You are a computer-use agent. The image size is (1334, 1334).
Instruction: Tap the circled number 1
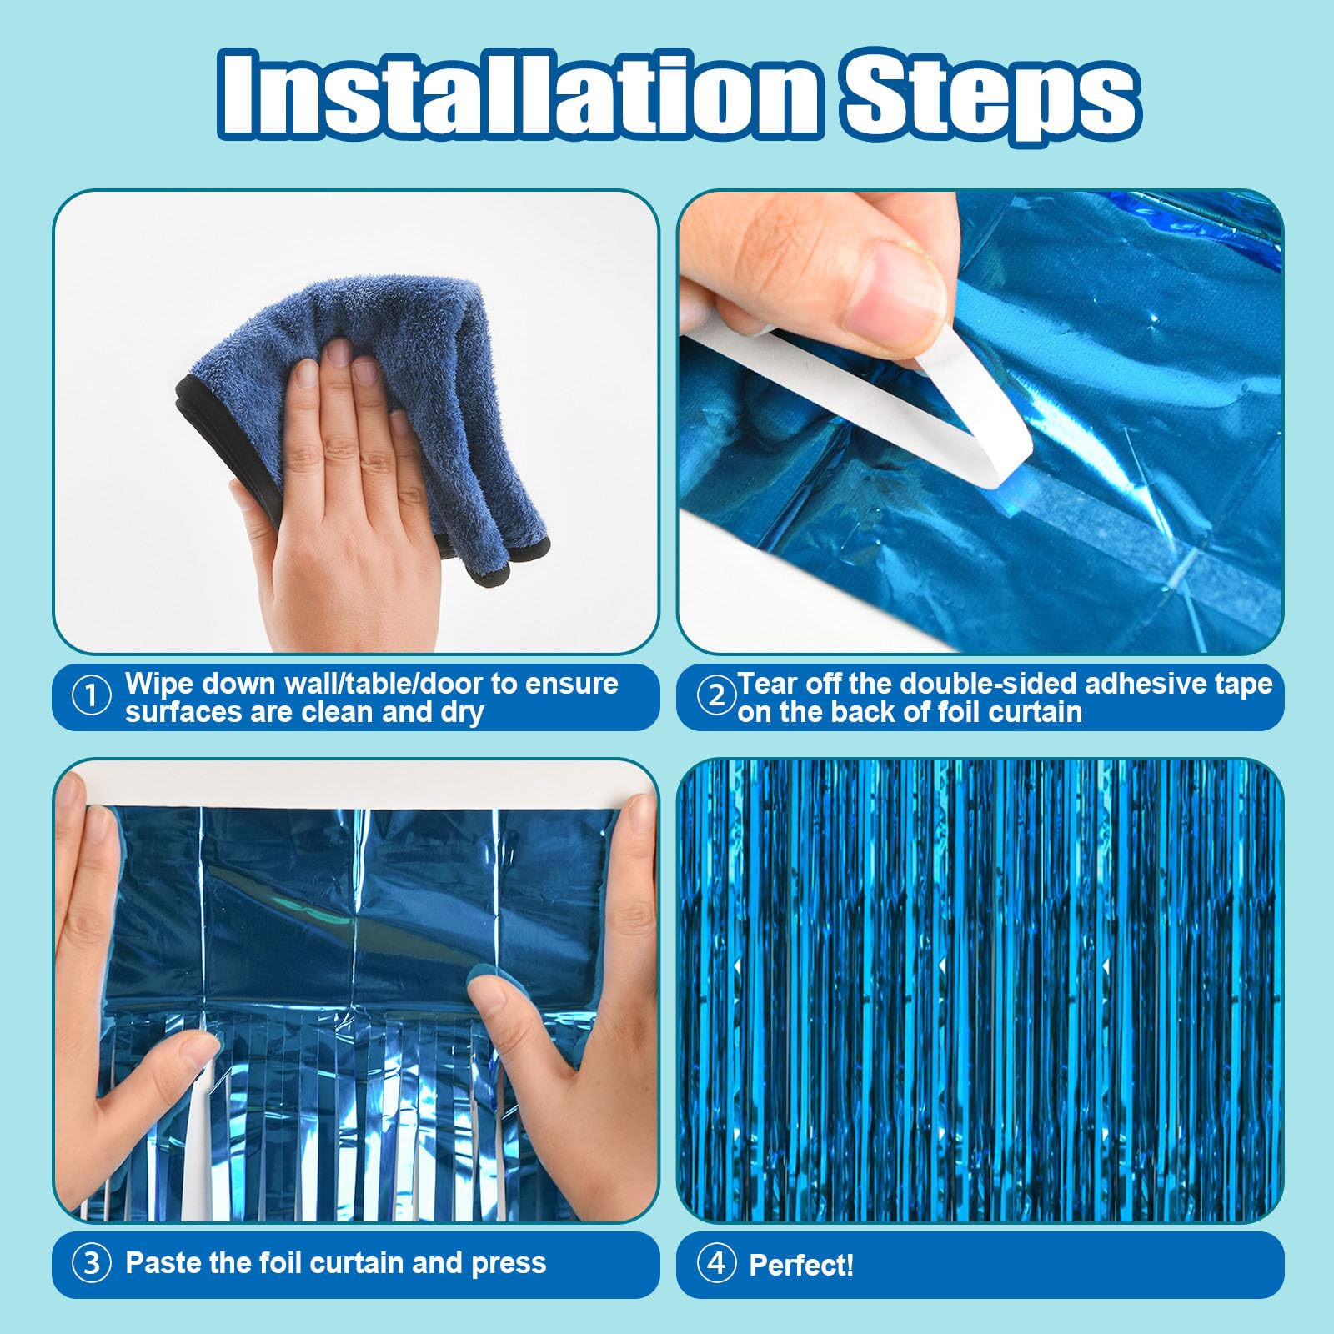click(x=91, y=696)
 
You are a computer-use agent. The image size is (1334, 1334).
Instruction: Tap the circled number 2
click(x=715, y=696)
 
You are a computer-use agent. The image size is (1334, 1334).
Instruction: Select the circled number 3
click(x=91, y=1264)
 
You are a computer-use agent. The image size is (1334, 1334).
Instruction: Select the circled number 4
click(x=715, y=1264)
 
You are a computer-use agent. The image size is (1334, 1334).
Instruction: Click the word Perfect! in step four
click(x=801, y=1266)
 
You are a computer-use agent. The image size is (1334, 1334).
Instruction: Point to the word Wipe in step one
click(x=158, y=684)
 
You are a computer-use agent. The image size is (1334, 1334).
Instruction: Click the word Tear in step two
click(x=767, y=684)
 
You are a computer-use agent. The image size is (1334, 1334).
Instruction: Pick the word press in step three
click(x=509, y=1264)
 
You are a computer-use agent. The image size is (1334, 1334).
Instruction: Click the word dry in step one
click(x=462, y=713)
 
